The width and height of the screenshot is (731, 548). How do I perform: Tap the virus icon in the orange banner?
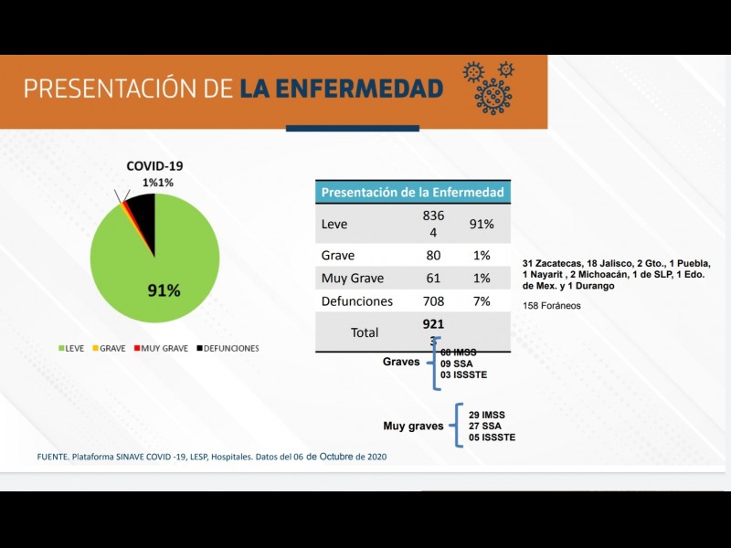(491, 88)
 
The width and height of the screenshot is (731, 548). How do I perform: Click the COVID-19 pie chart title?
(155, 166)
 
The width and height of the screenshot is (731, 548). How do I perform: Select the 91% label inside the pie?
(164, 290)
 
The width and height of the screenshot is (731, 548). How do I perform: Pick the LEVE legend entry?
(74, 348)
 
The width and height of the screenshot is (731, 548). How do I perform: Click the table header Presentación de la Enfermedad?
(413, 192)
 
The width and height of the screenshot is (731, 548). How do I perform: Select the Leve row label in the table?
(335, 224)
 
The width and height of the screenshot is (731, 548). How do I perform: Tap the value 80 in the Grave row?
(433, 256)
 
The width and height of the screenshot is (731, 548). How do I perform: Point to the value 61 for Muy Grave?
(433, 279)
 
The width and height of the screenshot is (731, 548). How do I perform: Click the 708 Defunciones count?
(433, 301)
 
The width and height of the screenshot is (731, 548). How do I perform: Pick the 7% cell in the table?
(482, 301)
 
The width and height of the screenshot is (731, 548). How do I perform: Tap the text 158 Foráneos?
(551, 305)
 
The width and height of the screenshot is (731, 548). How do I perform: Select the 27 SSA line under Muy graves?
(484, 426)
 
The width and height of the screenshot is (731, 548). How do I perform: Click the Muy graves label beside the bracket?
(413, 426)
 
